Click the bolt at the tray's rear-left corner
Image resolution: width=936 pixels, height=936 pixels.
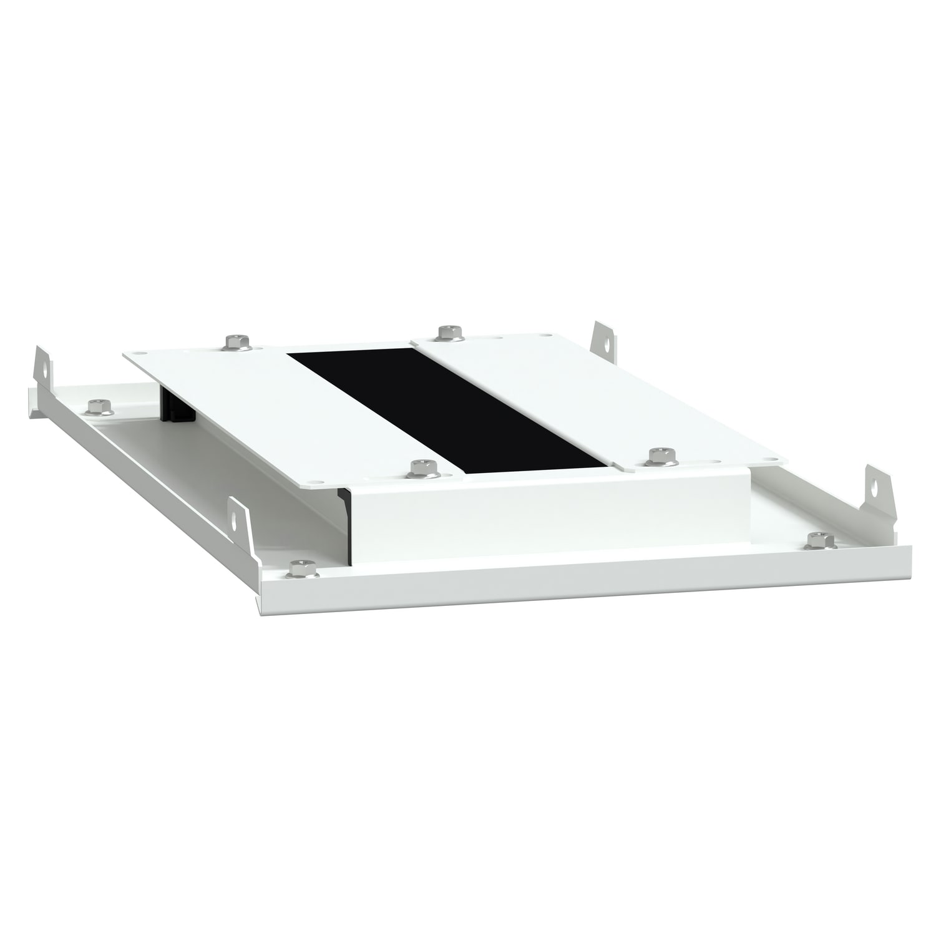click(x=97, y=407)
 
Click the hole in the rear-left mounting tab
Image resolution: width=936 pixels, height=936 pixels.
click(x=44, y=368)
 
